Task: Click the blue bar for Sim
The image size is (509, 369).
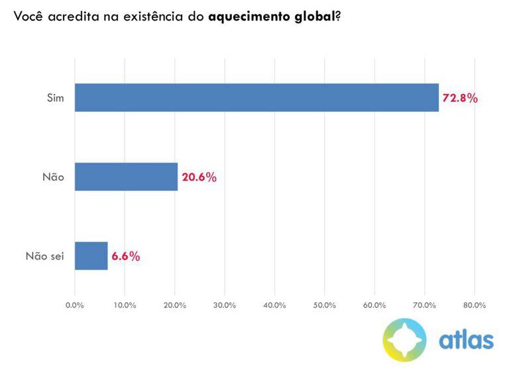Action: (256, 97)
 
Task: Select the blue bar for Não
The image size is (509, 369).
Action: (126, 177)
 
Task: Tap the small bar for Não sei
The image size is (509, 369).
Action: (91, 256)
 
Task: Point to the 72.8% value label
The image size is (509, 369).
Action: (460, 98)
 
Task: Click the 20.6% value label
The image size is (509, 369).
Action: (199, 178)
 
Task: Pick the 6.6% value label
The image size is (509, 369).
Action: (126, 256)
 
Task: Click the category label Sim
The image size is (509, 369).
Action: (55, 98)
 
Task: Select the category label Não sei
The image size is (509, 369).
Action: (44, 256)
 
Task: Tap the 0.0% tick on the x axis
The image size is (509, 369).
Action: (75, 305)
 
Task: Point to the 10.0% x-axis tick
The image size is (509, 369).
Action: (125, 305)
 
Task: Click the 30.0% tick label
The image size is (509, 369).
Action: (225, 305)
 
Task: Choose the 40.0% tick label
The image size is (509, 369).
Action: (274, 305)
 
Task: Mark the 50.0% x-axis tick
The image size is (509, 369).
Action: (325, 305)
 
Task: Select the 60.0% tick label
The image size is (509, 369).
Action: (374, 305)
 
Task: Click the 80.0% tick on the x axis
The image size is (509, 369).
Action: (475, 305)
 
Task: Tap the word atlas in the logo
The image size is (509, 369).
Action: (466, 339)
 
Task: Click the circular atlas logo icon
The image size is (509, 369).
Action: (406, 339)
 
